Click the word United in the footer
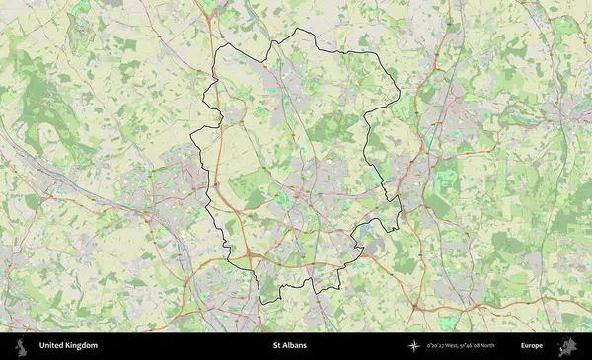(x=52, y=346)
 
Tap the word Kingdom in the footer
(x=82, y=346)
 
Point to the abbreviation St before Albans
(x=278, y=346)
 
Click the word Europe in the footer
(x=532, y=346)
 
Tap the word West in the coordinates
(x=455, y=346)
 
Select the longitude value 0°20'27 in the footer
(x=436, y=346)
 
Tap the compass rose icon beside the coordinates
(x=415, y=346)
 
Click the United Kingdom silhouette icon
(x=20, y=346)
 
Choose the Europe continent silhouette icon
(x=567, y=346)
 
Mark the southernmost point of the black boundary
(x=262, y=302)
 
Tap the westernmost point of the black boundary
(x=191, y=138)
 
